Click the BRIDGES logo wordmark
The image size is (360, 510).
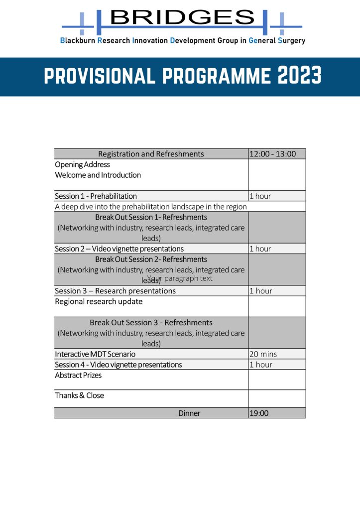tap(182, 18)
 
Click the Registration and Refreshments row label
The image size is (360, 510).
tap(151, 154)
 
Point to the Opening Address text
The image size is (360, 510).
tap(82, 164)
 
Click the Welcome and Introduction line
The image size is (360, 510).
tap(98, 175)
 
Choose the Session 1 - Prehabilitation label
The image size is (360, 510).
tap(96, 196)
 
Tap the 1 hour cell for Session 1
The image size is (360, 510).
tap(260, 196)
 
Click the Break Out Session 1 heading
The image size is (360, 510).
tap(151, 217)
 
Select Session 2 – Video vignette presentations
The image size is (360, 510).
tap(119, 249)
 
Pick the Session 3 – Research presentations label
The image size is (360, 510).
tap(115, 291)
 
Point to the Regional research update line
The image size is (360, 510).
tap(99, 301)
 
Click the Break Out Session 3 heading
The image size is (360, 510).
tap(151, 322)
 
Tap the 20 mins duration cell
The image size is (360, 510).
tap(263, 354)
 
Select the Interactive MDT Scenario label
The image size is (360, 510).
tap(95, 354)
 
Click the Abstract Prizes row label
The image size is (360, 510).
tap(78, 375)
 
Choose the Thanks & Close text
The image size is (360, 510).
tap(79, 395)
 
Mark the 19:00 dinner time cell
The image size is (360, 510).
tap(259, 413)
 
